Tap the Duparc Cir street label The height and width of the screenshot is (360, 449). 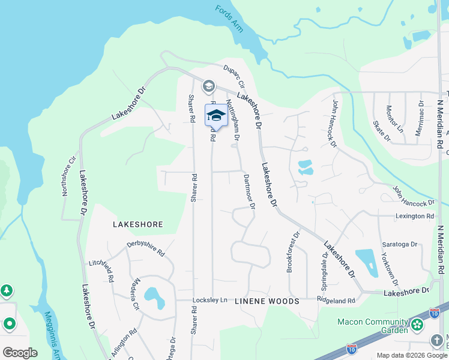coord(234,76)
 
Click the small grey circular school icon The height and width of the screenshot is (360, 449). coord(208,86)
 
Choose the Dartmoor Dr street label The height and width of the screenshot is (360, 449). coord(249,191)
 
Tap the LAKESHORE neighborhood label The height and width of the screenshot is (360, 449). coord(138,224)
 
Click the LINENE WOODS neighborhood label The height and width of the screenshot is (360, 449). coord(267,301)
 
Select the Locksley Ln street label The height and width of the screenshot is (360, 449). coord(210,299)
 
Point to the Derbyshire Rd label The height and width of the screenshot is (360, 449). coord(145,248)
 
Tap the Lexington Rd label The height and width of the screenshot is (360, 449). coord(414,215)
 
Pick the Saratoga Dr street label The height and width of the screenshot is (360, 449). coord(400,244)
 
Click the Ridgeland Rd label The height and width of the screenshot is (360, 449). coord(336,300)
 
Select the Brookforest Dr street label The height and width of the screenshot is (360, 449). coord(292,253)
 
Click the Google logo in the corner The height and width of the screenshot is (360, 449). coord(20,352)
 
